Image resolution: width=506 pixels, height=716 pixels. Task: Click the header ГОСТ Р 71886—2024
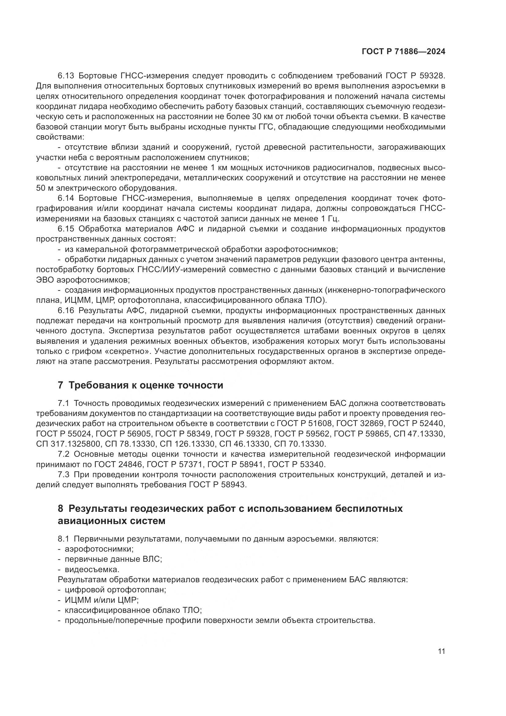[x=403, y=52]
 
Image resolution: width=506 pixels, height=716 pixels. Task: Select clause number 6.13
[x=66, y=76]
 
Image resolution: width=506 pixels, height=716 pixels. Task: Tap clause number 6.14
[x=66, y=198]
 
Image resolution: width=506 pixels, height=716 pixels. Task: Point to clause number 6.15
[x=66, y=229]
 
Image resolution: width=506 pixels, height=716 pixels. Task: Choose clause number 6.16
[x=66, y=311]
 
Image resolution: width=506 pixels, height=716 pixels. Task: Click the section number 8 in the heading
[x=61, y=509]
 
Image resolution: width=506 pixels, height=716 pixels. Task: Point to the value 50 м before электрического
[x=44, y=188]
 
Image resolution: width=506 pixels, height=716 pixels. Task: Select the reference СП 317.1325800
[x=69, y=444]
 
